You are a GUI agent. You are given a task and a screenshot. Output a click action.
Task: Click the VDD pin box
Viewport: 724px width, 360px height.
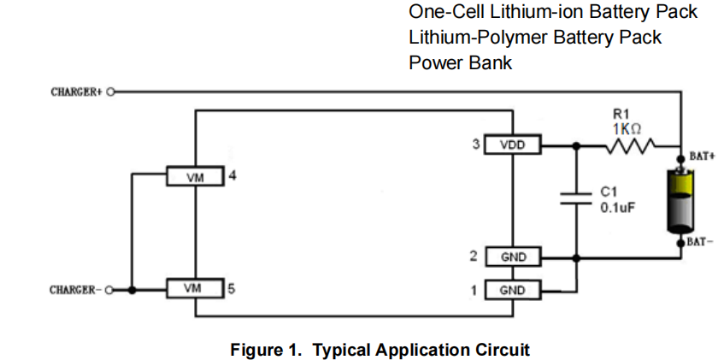pyautogui.click(x=512, y=145)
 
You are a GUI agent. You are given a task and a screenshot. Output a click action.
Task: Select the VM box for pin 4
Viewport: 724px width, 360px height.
pyautogui.click(x=194, y=177)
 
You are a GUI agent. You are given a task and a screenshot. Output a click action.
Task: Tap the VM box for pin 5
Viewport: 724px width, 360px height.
pyautogui.click(x=194, y=289)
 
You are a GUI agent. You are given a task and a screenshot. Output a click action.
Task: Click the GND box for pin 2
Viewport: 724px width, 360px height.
pyautogui.click(x=512, y=257)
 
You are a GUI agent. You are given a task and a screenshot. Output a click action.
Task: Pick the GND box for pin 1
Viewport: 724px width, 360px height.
pyautogui.click(x=512, y=291)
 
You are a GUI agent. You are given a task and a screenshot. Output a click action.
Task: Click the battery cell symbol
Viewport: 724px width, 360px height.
pyautogui.click(x=680, y=200)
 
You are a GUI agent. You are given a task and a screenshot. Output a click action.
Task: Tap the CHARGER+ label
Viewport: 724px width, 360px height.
pyautogui.click(x=77, y=91)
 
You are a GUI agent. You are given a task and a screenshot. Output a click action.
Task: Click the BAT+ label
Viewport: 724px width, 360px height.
pyautogui.click(x=701, y=157)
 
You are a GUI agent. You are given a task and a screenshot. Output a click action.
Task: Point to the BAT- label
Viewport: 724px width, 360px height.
pyautogui.click(x=701, y=242)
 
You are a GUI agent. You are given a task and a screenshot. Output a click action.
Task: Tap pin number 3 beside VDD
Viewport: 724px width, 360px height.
pyautogui.click(x=476, y=145)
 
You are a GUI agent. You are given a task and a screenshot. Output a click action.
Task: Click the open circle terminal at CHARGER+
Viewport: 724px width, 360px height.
pyautogui.click(x=111, y=91)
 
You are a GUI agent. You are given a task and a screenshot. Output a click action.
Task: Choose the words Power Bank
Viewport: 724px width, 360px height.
pyautogui.click(x=460, y=62)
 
